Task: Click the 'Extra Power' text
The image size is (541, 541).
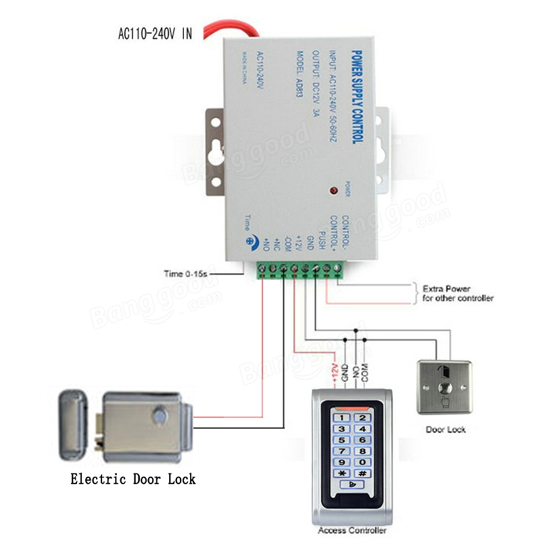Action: point(446,288)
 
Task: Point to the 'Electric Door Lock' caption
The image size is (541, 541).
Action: point(133,479)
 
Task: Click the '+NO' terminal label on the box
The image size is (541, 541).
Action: point(266,244)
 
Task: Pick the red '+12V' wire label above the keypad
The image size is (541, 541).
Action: point(333,372)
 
